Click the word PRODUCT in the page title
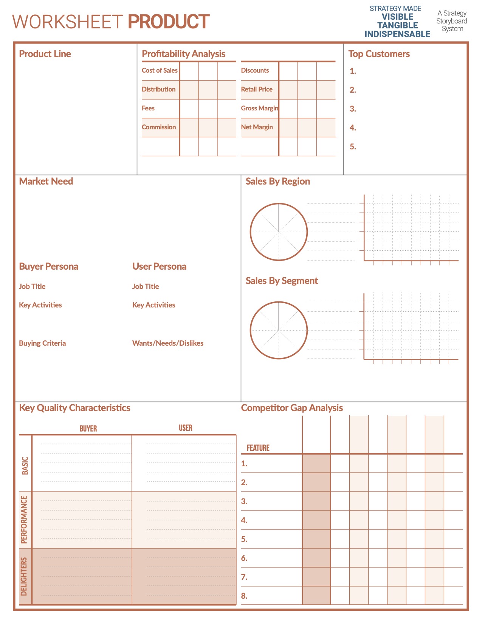tap(169, 22)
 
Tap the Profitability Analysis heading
tap(183, 54)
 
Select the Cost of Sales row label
tap(160, 70)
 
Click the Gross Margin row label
tap(259, 108)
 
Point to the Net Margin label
tap(257, 127)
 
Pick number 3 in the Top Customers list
tap(353, 109)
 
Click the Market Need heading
tap(46, 181)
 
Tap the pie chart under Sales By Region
tap(279, 232)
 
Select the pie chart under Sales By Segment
tap(279, 330)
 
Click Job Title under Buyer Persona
tap(32, 286)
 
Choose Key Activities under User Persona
tap(153, 305)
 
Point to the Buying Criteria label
tap(42, 343)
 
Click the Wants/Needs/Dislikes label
tap(168, 343)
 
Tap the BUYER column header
tap(88, 428)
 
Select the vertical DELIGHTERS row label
tap(24, 576)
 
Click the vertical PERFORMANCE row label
tap(24, 520)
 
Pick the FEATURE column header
tap(258, 448)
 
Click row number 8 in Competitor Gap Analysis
tap(244, 596)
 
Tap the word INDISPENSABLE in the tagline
tap(397, 34)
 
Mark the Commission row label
tap(159, 127)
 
